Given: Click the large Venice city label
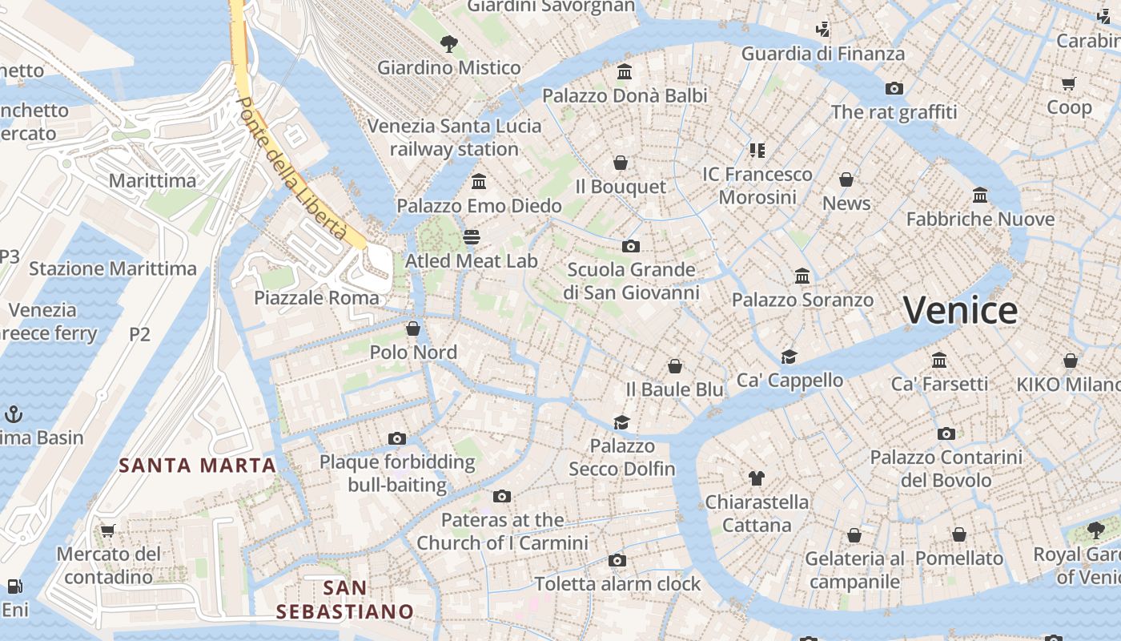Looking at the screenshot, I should tap(960, 310).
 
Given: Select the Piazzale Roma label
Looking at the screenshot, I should tap(316, 298).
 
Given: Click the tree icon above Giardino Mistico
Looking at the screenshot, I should tap(449, 43).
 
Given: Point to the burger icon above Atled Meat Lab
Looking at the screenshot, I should tap(472, 237).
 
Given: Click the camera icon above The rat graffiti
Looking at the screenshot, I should tap(894, 88).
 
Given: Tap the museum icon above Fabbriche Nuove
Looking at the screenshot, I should tap(980, 195).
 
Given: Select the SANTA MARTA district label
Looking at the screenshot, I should tap(197, 465).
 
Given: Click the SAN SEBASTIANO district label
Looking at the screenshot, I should tap(345, 600).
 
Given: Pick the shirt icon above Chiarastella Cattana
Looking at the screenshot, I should tap(757, 478).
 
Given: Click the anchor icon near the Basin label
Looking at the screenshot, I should tap(13, 414).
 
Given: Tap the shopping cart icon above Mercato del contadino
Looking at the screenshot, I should tap(108, 530).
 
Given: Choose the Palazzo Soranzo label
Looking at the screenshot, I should tap(802, 300).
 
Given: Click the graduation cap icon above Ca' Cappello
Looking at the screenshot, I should tap(790, 357).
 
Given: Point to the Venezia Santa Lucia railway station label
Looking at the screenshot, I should tap(454, 137).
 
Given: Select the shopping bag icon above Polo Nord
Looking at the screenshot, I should tap(413, 328).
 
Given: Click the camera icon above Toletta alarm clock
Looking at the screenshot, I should tap(617, 560).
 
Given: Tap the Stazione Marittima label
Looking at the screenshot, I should tap(113, 268).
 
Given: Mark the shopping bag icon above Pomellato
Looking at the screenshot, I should tap(958, 534).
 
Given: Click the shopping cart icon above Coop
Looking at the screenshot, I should tap(1069, 83).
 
